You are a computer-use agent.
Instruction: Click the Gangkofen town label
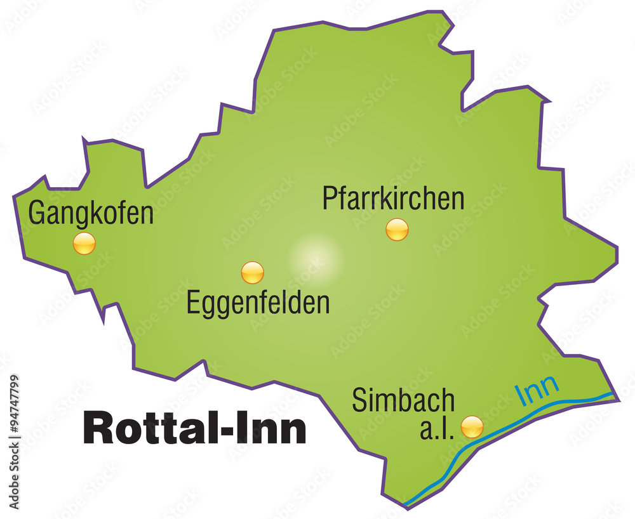91,213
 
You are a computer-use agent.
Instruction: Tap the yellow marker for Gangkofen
84,243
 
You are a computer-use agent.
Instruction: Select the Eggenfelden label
258,303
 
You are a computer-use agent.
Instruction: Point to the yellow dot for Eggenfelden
252,272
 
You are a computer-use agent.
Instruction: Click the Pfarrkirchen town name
393,198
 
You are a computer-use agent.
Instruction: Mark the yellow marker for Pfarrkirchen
397,229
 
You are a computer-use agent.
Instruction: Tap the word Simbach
403,400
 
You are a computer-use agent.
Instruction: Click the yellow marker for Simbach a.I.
472,426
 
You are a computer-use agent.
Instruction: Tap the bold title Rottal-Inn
195,429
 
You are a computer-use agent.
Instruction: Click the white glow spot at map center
316,257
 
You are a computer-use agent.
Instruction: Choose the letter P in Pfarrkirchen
329,198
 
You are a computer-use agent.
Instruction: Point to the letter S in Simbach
359,400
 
